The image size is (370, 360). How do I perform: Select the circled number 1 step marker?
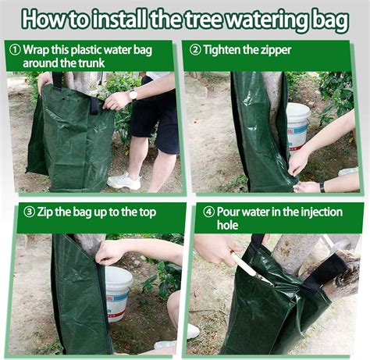pyautogui.click(x=16, y=49)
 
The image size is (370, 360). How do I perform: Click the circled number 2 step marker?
pyautogui.click(x=194, y=49)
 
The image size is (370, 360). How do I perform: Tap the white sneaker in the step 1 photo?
pyautogui.click(x=123, y=180)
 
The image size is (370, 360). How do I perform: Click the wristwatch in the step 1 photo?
pyautogui.click(x=133, y=94)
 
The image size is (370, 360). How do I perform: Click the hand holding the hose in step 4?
pyautogui.click(x=220, y=251)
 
